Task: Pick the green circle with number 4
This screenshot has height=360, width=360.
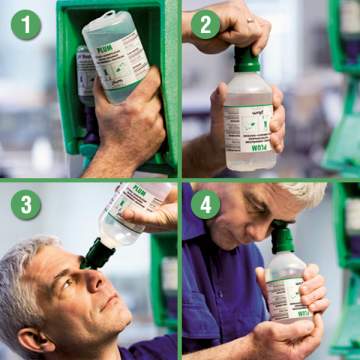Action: [205, 205]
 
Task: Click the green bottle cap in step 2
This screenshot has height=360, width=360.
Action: [247, 60]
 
